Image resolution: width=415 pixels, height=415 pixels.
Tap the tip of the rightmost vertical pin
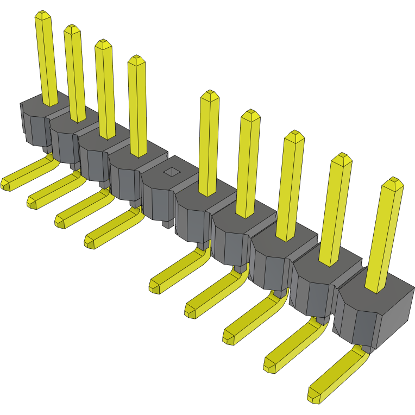[x=392, y=184]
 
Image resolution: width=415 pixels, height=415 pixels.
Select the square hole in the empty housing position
[x=172, y=172]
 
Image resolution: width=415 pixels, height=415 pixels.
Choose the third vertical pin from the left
[x=105, y=90]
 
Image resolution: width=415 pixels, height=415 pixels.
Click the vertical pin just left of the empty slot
[x=138, y=106]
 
